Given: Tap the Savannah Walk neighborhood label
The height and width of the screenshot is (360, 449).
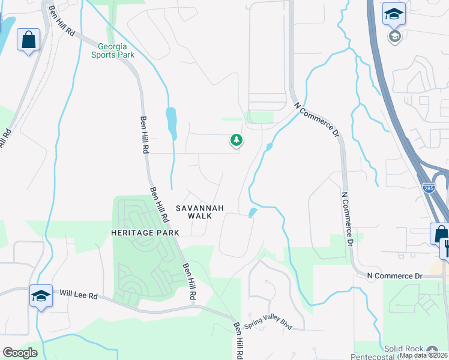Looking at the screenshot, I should (x=199, y=212).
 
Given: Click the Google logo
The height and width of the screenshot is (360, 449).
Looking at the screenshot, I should (x=20, y=353).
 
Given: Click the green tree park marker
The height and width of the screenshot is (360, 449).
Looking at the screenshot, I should (x=237, y=140).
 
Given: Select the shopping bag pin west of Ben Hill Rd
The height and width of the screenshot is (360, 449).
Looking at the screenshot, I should (x=28, y=40).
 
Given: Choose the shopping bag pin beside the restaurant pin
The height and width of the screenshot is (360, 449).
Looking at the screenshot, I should (x=439, y=233).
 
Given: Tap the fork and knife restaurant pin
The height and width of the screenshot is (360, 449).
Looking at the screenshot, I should (x=445, y=247).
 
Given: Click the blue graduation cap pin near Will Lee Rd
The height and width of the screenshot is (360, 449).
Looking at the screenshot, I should (x=41, y=296).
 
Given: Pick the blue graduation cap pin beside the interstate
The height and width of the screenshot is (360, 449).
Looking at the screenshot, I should (x=394, y=14).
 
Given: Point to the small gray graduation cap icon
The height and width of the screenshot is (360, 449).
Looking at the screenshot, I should (x=394, y=37).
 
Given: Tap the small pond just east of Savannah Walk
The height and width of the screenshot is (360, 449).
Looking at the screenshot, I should (x=253, y=212).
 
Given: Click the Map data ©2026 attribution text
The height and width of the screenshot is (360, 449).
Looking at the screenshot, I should (x=423, y=355).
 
